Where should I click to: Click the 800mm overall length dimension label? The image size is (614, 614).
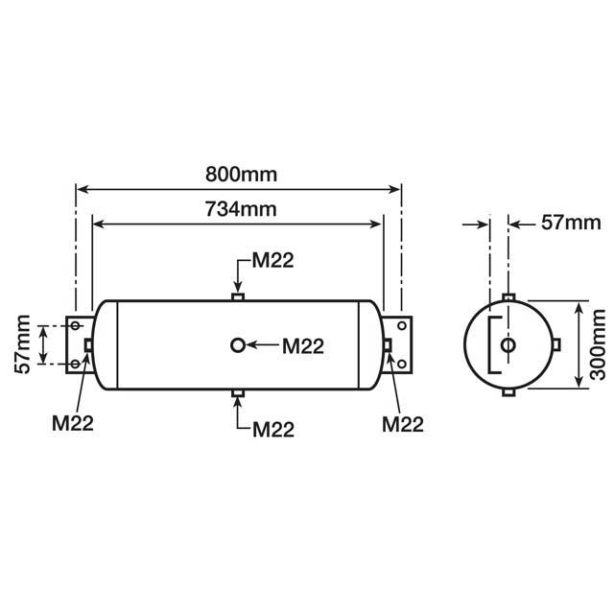pyautogui.click(x=241, y=175)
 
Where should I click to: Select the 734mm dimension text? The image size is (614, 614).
pyautogui.click(x=241, y=208)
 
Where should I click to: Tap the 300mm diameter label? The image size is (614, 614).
pyautogui.click(x=597, y=345)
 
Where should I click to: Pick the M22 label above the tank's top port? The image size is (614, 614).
pyautogui.click(x=272, y=261)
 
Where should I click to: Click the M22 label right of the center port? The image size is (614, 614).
pyautogui.click(x=303, y=346)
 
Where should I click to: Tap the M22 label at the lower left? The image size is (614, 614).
pyautogui.click(x=72, y=422)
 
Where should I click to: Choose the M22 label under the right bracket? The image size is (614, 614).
pyautogui.click(x=402, y=422)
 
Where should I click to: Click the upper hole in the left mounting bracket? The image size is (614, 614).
pyautogui.click(x=75, y=326)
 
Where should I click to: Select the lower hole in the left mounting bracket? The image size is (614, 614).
pyautogui.click(x=75, y=365)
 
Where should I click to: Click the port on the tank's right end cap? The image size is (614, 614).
pyautogui.click(x=388, y=345)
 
